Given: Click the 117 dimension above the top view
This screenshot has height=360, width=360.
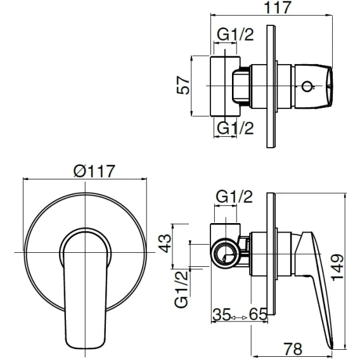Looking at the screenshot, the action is (x=278, y=8).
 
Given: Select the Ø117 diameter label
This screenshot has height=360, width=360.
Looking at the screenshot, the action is (x=94, y=171).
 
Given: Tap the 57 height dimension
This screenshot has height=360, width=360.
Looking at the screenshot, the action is (x=183, y=85).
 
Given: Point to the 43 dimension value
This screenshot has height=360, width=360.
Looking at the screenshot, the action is (x=165, y=243).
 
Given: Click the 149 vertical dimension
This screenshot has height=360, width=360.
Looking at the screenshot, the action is (x=337, y=267).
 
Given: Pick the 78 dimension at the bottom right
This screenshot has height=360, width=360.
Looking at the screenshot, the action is (x=293, y=349).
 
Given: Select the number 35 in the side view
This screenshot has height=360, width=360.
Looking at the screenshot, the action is (x=221, y=314).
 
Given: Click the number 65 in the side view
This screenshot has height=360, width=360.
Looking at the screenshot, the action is (x=258, y=314).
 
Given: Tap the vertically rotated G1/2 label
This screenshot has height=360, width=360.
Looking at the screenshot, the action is (x=181, y=289).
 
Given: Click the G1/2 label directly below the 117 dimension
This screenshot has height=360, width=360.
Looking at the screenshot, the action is (x=235, y=35).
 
